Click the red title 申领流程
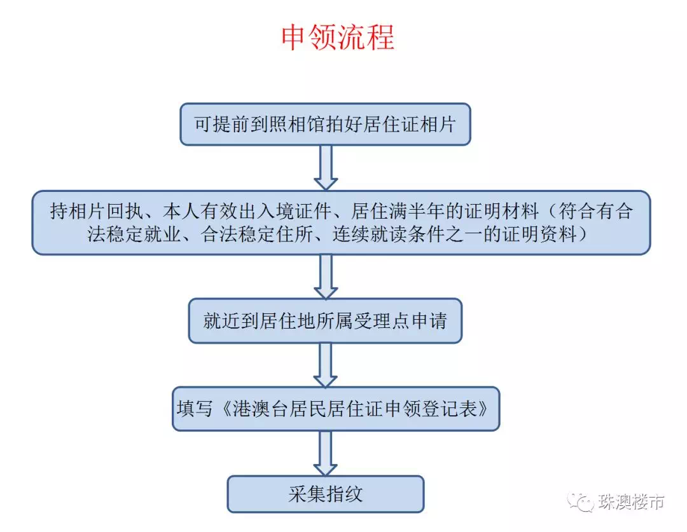pyautogui.click(x=337, y=37)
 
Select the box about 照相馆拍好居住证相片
pyautogui.click(x=325, y=125)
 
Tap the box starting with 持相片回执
pyautogui.click(x=342, y=222)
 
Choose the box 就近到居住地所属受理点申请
pyautogui.click(x=325, y=321)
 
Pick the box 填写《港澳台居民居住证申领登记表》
pyautogui.click(x=336, y=409)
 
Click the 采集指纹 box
pyautogui.click(x=326, y=494)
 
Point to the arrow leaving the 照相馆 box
pyautogui.click(x=326, y=168)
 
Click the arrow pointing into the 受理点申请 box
pyautogui.click(x=326, y=276)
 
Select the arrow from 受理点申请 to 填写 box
pyautogui.click(x=326, y=365)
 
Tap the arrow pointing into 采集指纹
pyautogui.click(x=326, y=454)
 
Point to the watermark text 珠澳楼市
pyautogui.click(x=631, y=501)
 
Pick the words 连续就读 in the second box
pyautogui.click(x=370, y=235)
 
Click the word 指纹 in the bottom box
pyautogui.click(x=344, y=494)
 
